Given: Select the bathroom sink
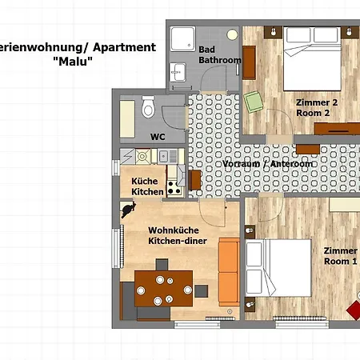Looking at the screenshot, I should [176, 71].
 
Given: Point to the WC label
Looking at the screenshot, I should [158, 136].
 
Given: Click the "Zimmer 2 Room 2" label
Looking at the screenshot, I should [317, 107].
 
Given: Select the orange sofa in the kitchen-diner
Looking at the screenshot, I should [229, 272].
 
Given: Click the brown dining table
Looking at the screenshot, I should [163, 286].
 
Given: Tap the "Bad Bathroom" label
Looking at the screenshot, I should [218, 54].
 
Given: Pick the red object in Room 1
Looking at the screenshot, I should [354, 306].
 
